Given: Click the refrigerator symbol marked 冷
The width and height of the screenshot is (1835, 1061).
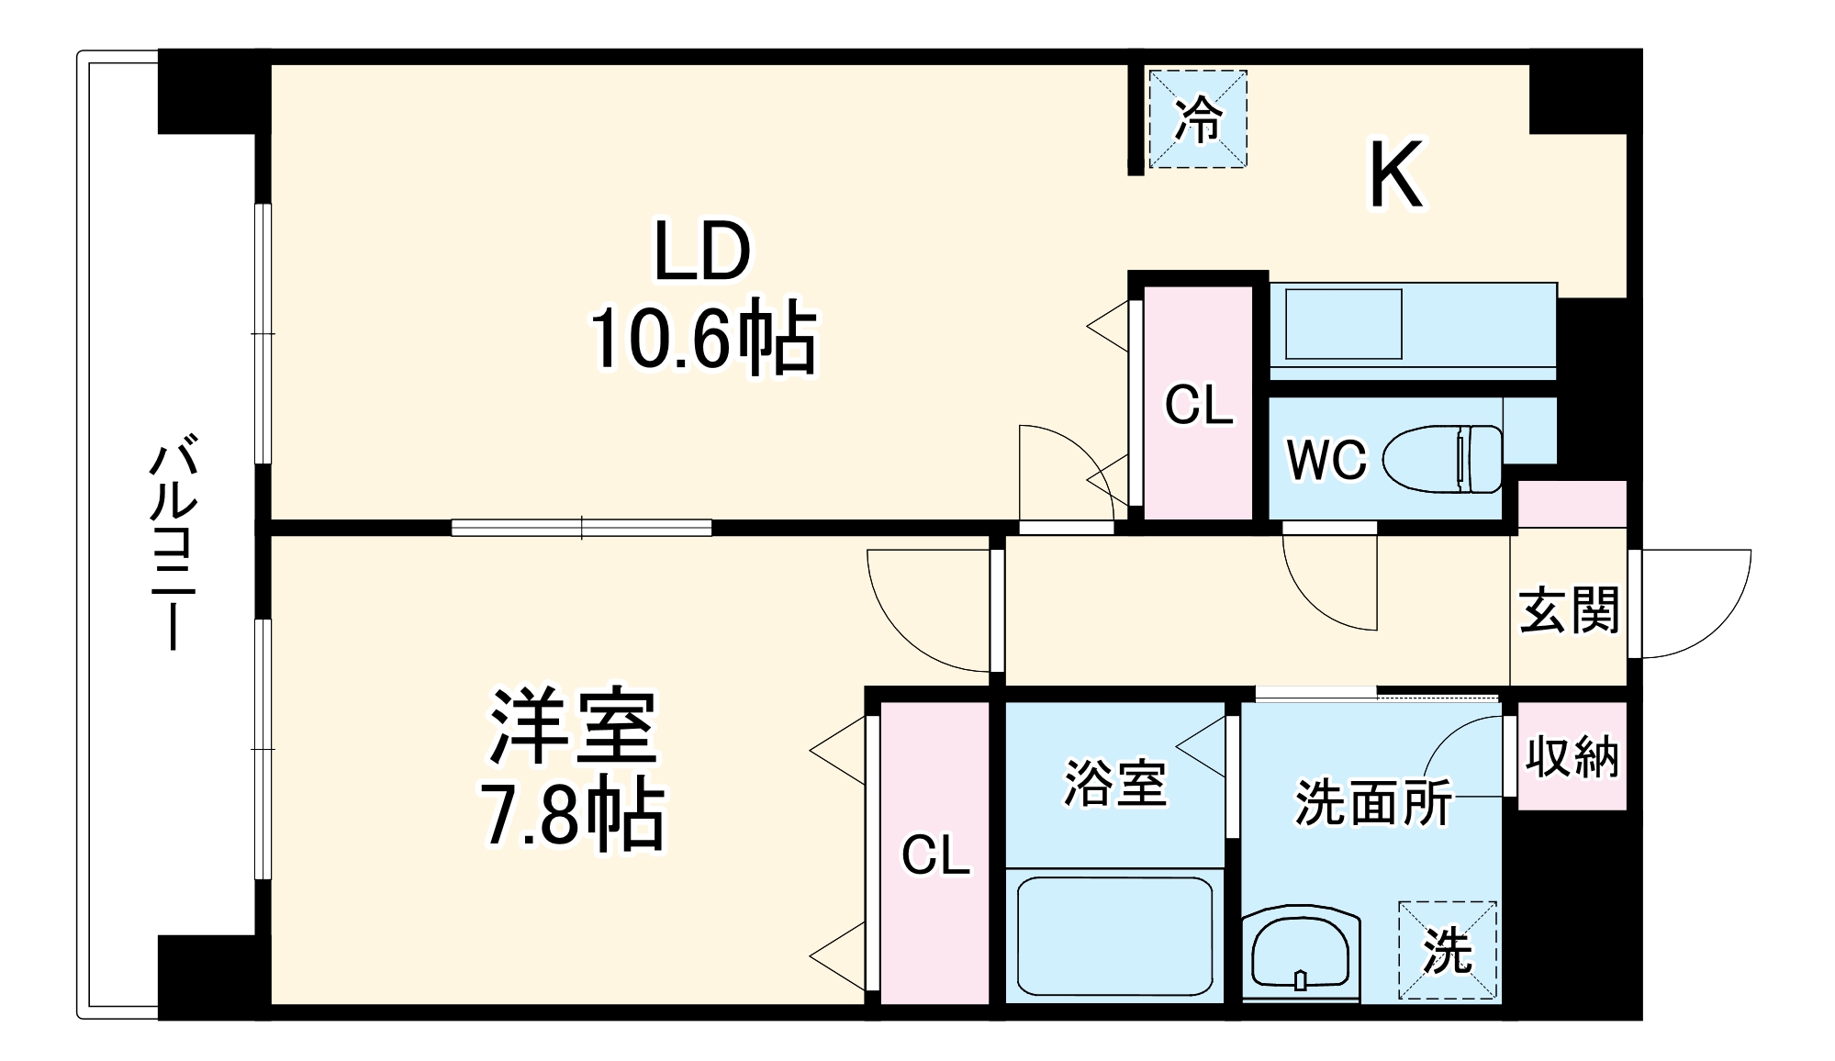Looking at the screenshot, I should (x=1198, y=119).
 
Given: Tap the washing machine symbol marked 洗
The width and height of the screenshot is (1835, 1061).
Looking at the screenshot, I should (x=1448, y=951).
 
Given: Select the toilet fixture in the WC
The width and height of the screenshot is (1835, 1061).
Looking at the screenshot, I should (x=1442, y=458).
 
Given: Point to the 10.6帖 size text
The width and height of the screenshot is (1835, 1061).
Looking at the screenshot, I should (x=702, y=337).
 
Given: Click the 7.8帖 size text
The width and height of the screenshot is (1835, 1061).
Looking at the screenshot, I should (x=574, y=814).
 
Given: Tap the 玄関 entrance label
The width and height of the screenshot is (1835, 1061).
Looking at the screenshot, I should (x=1569, y=610).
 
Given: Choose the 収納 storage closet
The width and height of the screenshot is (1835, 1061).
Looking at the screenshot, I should (x=1572, y=756).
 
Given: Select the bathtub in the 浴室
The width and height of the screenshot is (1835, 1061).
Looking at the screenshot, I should (x=1114, y=936).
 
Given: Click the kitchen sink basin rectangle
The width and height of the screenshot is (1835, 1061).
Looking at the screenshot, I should (x=1343, y=324).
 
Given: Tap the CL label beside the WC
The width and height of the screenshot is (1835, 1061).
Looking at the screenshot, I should (x=1198, y=405).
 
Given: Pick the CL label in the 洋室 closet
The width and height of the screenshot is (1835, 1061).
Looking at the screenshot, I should (x=935, y=855).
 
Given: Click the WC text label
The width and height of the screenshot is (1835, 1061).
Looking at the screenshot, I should (x=1326, y=460).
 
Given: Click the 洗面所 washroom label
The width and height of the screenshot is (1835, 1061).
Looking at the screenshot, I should (x=1372, y=803).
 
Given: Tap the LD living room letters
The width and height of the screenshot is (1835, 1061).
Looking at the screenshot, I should (x=702, y=251).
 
